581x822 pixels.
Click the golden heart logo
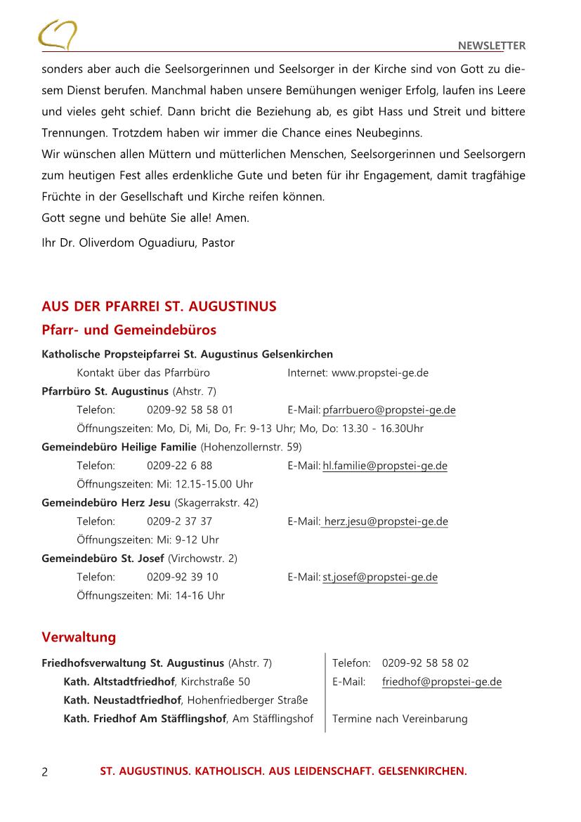[58, 34]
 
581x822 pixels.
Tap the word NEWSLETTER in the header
[491, 46]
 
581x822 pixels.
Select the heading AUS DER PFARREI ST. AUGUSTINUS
[159, 306]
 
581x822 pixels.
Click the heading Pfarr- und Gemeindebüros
[129, 330]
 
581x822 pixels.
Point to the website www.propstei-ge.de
[379, 373]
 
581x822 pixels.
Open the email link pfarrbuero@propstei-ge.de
[389, 410]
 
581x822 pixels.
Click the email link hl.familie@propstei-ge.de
[384, 466]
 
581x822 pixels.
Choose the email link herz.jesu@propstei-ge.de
[386, 521]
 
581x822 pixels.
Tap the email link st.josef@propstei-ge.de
[379, 578]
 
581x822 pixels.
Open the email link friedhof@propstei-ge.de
[441, 681]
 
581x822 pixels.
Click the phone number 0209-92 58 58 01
[190, 410]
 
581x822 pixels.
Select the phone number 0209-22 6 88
[179, 466]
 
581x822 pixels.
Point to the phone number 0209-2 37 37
[179, 521]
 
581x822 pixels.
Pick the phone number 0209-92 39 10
[182, 578]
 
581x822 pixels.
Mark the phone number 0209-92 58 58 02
[425, 663]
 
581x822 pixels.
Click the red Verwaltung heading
[79, 637]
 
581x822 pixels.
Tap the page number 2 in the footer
[45, 772]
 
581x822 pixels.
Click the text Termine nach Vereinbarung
[399, 719]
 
